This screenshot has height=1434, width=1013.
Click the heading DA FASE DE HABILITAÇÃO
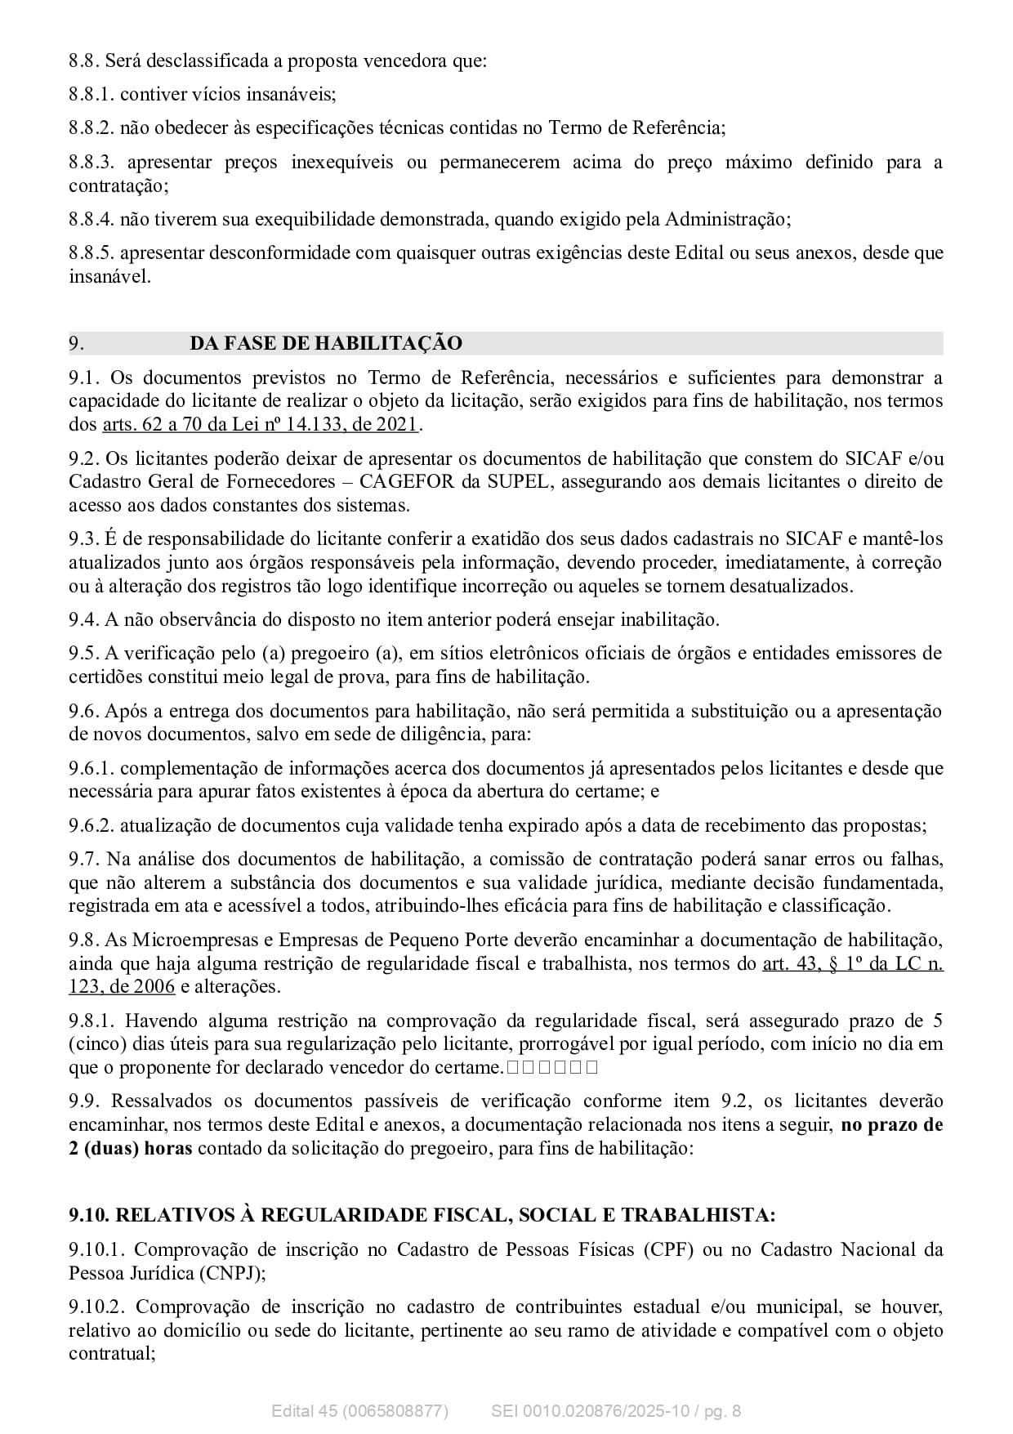(325, 343)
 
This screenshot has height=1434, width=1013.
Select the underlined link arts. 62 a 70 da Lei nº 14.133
(260, 424)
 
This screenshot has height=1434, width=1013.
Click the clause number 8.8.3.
(94, 163)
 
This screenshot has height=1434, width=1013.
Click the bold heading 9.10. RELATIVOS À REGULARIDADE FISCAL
(422, 1215)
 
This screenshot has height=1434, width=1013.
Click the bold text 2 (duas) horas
(131, 1148)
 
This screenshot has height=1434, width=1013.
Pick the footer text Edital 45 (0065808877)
(359, 1411)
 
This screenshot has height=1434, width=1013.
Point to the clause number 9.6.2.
(91, 825)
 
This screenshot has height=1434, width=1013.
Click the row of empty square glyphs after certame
(552, 1067)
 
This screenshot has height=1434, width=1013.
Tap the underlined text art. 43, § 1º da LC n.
(852, 963)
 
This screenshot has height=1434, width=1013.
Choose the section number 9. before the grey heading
(76, 343)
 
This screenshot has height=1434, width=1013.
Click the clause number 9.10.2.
(99, 1307)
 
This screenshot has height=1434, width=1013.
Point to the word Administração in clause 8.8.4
(726, 220)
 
